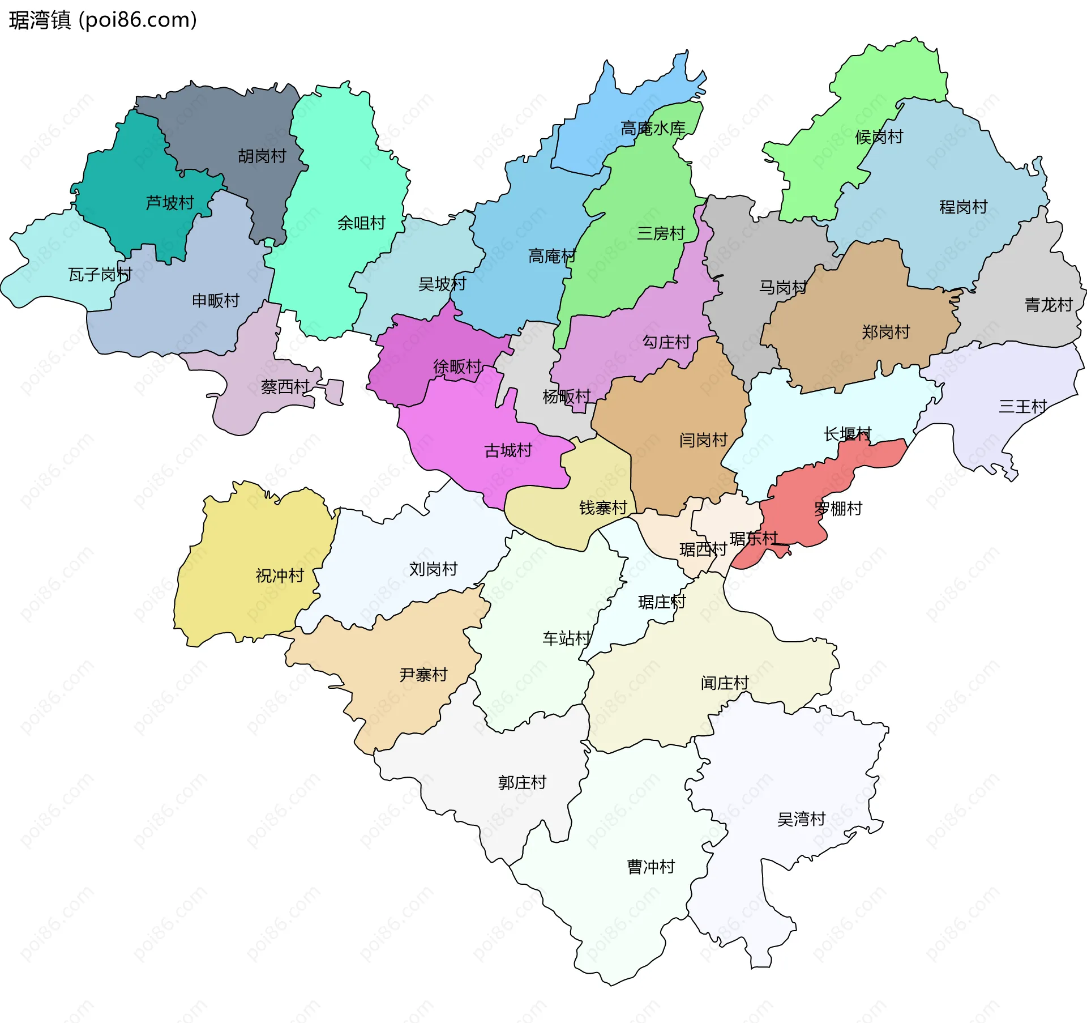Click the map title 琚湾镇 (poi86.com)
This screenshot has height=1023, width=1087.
pyautogui.click(x=102, y=20)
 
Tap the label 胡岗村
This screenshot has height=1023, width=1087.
pyautogui.click(x=262, y=156)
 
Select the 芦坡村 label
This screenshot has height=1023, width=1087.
pyautogui.click(x=170, y=203)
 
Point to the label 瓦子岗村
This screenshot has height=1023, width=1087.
pyautogui.click(x=100, y=275)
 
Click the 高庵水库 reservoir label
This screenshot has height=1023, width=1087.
pyautogui.click(x=653, y=129)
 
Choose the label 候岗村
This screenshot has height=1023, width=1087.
pyautogui.click(x=879, y=137)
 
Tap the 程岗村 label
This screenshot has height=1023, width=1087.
pyautogui.click(x=963, y=207)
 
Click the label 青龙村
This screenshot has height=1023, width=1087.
pyautogui.click(x=1049, y=305)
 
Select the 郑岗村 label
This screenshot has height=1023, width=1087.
pyautogui.click(x=885, y=333)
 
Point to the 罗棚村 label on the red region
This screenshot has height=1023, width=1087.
pyautogui.click(x=838, y=509)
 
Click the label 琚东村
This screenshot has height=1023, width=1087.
pyautogui.click(x=754, y=539)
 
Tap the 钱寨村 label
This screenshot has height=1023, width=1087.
pyautogui.click(x=603, y=508)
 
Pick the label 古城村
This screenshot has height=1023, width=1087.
pyautogui.click(x=508, y=451)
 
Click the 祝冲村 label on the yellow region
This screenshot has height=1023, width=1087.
pyautogui.click(x=280, y=576)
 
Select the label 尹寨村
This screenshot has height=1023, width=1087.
pyautogui.click(x=423, y=675)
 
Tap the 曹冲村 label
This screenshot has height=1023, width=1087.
pyautogui.click(x=651, y=867)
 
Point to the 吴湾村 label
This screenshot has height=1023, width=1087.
pyautogui.click(x=801, y=819)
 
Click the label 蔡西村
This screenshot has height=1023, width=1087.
pyautogui.click(x=285, y=387)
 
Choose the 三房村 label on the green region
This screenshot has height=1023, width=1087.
pyautogui.click(x=661, y=233)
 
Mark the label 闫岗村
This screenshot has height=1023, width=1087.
pyautogui.click(x=703, y=440)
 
